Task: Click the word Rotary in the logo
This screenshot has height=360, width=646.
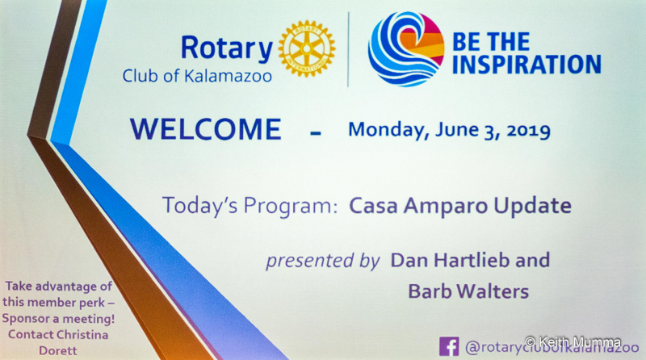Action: (227, 49)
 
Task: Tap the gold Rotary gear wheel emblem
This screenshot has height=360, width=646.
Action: (307, 48)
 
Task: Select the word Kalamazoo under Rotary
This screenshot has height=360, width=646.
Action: (228, 76)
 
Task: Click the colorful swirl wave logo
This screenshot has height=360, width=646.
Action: (406, 49)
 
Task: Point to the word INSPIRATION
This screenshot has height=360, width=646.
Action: (526, 65)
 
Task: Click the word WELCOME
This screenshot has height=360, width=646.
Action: (206, 129)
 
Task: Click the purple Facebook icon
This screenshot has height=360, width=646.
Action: (449, 347)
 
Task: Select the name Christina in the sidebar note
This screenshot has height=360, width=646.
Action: (83, 334)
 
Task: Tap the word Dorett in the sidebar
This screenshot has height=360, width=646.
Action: (58, 351)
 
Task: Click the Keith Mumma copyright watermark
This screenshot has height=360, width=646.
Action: (573, 342)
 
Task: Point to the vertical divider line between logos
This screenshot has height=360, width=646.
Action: (349, 49)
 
